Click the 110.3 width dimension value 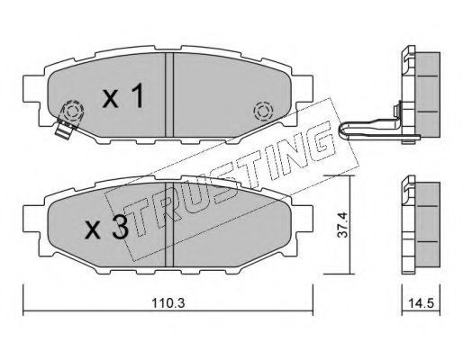click(x=168, y=303)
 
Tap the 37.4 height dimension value click(x=342, y=225)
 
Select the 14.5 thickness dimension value click(x=421, y=303)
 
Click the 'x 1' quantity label click(x=123, y=95)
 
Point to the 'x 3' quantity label click(x=106, y=228)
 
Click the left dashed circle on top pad click(x=72, y=112)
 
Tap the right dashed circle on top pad click(x=263, y=112)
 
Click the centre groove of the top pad click(x=169, y=94)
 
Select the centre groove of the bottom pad click(x=169, y=225)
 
